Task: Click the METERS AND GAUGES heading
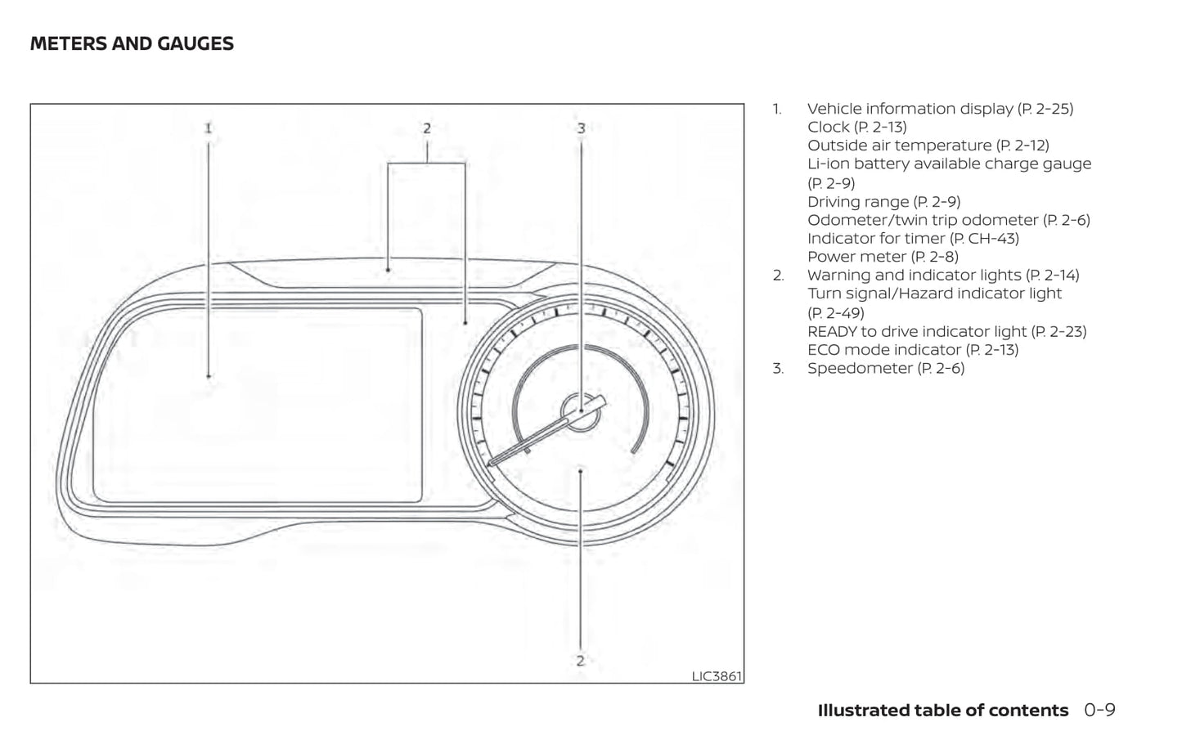132,44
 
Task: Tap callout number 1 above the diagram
209,128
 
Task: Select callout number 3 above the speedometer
581,128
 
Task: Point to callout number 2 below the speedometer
580,661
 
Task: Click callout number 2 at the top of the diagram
426,128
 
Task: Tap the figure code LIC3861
717,676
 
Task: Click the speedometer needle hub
581,410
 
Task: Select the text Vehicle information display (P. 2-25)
940,109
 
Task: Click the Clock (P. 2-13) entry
856,127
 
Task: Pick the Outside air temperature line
928,146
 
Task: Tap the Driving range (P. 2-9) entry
883,202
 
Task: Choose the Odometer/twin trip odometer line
948,220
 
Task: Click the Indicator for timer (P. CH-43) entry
913,239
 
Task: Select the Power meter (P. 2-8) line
883,257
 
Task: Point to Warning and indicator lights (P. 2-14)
943,276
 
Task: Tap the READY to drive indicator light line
946,332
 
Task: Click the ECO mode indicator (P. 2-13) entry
913,350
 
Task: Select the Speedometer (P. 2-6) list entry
886,369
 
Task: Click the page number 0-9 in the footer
1099,711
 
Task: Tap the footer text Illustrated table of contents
942,711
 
